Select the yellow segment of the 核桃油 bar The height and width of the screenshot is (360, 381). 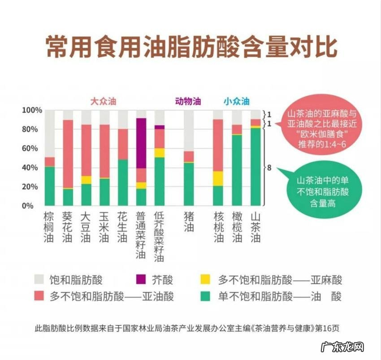pos(218,178)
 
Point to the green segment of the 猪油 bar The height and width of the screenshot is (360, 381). pos(189,184)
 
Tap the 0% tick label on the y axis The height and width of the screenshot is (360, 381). pos(36,206)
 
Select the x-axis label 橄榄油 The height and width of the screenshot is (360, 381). pos(237,227)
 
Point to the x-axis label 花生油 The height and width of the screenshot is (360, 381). pos(122,227)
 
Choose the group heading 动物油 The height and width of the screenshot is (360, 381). pos(188,101)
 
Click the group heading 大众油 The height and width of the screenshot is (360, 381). pos(104,101)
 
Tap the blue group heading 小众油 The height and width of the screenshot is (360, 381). pos(236,101)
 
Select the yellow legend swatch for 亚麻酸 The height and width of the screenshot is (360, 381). pos(205,280)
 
